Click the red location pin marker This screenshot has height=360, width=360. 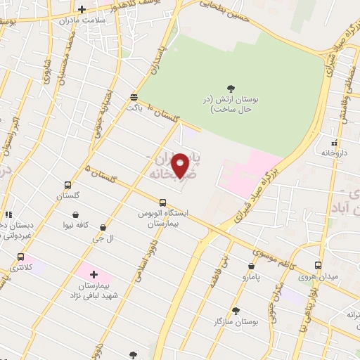181,165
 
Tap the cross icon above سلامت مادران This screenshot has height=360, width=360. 82,9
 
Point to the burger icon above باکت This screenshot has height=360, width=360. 134,96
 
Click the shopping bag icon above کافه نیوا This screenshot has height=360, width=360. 75,215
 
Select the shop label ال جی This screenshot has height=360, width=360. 103,238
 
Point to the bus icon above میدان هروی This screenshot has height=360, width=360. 318,266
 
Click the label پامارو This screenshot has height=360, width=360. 252,278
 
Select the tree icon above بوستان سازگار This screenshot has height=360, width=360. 236,310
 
